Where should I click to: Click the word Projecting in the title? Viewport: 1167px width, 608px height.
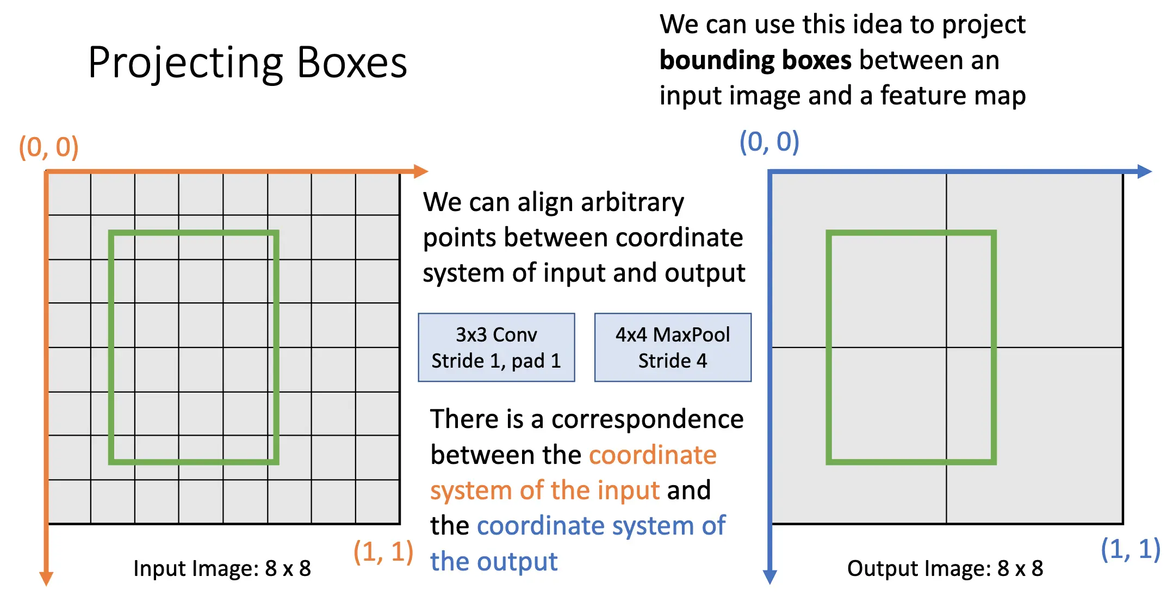185,64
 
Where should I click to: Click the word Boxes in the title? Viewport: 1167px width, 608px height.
352,64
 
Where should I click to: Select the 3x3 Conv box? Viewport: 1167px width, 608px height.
496,348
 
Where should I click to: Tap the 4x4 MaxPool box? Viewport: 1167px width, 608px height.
673,348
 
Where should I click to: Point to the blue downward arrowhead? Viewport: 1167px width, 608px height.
769,576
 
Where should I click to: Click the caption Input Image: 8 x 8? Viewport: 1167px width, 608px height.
222,568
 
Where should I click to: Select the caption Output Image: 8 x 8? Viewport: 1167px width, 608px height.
945,568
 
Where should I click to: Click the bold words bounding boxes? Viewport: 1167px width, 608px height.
755,60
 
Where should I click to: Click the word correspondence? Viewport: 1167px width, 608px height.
647,419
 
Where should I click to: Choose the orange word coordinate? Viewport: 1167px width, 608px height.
653,455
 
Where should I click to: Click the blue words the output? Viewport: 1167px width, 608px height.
494,561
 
